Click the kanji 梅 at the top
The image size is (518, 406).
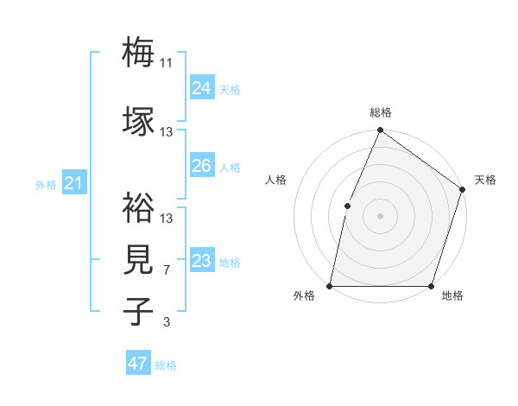(138, 52)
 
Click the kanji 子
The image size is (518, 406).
(138, 312)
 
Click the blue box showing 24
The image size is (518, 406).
(201, 87)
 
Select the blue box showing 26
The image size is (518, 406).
(201, 165)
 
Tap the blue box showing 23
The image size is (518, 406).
(201, 260)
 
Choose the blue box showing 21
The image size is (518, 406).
(73, 182)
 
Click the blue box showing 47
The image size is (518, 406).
(138, 364)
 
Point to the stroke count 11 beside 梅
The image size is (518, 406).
(167, 62)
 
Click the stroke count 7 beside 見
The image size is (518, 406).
(167, 270)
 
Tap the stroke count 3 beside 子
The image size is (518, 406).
(167, 323)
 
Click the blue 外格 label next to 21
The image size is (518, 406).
(45, 184)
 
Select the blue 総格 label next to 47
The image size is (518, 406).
(166, 365)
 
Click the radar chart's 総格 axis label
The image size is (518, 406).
(381, 112)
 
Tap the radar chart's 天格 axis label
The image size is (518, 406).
(485, 180)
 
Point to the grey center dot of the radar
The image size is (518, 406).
(381, 215)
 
